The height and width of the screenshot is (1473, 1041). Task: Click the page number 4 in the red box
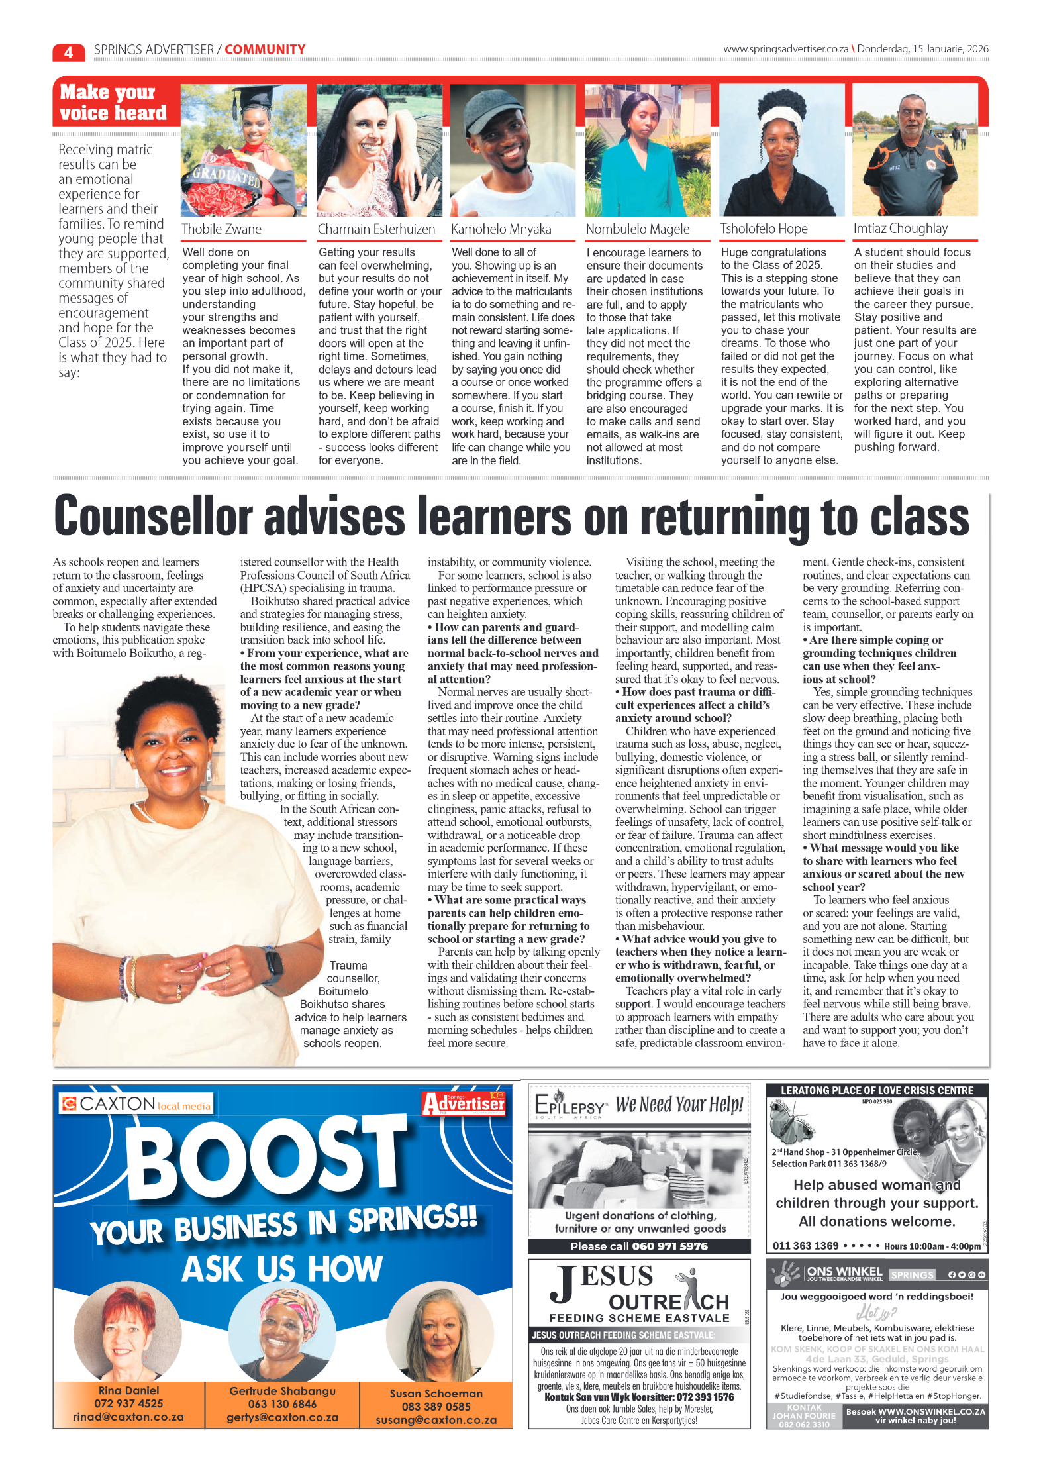point(68,52)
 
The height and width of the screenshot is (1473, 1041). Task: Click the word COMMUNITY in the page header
point(265,50)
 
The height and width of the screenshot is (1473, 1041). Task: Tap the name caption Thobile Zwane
point(222,229)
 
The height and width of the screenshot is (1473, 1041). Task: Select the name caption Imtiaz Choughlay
point(900,229)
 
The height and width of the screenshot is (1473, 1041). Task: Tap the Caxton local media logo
point(136,1104)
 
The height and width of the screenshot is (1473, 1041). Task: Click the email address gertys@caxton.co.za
point(282,1417)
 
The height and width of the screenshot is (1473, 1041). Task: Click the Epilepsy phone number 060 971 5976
point(669,1246)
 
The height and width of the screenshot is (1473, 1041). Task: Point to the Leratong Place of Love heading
point(877,1090)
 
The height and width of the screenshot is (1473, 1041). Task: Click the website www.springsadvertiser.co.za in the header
point(785,49)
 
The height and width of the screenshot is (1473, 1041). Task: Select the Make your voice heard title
point(113,103)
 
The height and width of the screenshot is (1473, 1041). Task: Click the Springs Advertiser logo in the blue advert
point(464,1103)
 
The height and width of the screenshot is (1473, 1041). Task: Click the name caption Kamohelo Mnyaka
point(501,229)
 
